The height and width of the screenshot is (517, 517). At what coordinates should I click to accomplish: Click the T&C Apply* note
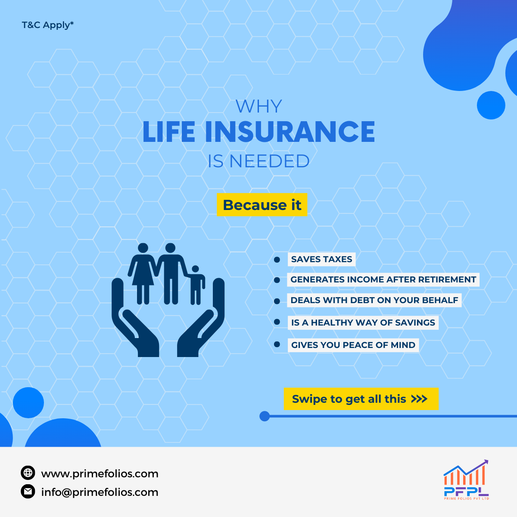tap(47, 25)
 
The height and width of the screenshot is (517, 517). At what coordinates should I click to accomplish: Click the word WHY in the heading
tap(258, 107)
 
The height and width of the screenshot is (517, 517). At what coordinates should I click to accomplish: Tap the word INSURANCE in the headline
tap(290, 132)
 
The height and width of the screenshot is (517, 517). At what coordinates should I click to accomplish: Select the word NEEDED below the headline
tap(269, 161)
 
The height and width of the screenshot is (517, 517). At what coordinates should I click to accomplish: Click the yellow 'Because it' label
tap(262, 205)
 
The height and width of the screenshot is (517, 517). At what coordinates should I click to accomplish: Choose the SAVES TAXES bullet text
tap(321, 259)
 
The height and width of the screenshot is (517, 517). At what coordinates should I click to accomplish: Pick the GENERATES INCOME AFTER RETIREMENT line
tap(383, 279)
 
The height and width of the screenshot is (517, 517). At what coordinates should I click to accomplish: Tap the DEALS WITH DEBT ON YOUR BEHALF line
tap(374, 300)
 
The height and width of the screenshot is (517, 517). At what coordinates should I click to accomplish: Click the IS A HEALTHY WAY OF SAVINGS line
tap(363, 323)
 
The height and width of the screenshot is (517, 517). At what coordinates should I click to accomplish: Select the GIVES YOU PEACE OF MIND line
tap(353, 345)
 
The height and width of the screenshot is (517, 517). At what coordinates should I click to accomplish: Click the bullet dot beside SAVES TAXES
tap(277, 260)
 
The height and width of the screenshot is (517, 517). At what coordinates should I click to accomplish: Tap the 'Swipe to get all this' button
tap(361, 399)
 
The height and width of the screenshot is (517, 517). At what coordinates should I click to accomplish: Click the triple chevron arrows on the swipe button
tap(419, 399)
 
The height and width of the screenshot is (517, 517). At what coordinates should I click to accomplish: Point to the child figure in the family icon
tap(196, 285)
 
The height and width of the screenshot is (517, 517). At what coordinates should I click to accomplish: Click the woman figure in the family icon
tap(142, 273)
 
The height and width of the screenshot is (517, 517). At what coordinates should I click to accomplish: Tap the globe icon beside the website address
tap(28, 473)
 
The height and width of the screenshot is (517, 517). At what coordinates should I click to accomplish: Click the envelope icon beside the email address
tap(28, 491)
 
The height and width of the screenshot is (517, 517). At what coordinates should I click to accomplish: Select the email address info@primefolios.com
tap(100, 492)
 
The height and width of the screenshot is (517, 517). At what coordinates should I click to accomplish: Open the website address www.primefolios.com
tap(100, 474)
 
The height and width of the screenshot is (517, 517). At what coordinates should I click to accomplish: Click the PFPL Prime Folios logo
tap(466, 480)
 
